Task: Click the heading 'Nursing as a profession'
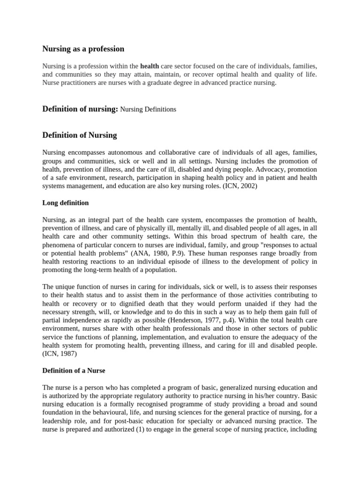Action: coord(83,49)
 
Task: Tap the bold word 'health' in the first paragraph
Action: coord(150,66)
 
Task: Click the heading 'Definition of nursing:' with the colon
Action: coord(80,109)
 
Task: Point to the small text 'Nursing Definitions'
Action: coord(148,110)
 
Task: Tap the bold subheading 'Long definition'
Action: coord(66,203)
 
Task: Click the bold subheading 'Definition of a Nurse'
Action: coord(74,371)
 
